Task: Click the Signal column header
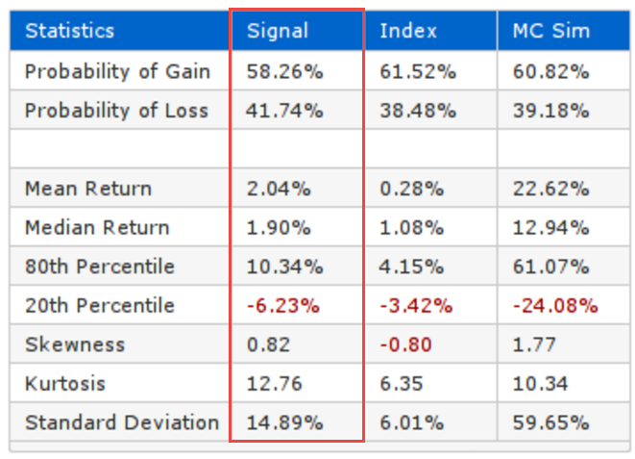coord(278,31)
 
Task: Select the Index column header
coord(408,31)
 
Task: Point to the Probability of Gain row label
coord(117,71)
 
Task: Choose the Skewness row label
coord(75,344)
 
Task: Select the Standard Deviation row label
coord(122,422)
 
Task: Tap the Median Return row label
coord(97,228)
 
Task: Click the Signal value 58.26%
coord(284,71)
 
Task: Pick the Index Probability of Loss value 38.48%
coord(418,111)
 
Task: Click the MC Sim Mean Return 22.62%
coord(551,189)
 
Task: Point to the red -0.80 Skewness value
coord(405,344)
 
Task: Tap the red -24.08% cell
coord(554,306)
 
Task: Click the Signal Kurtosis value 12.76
coord(274,384)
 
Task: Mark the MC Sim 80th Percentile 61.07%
coord(551,267)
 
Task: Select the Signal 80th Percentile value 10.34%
coord(284,267)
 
